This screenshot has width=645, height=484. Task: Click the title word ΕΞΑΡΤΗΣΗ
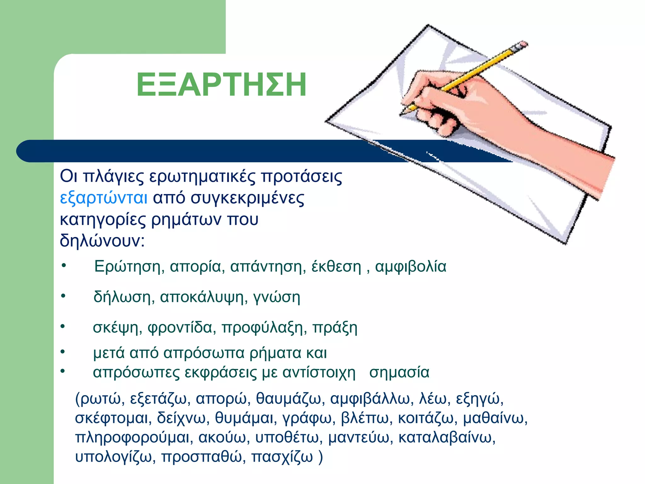[x=221, y=85]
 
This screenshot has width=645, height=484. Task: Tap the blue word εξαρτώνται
[x=104, y=198]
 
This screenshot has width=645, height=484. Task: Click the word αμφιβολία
[x=411, y=267]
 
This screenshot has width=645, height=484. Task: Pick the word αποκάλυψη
[x=202, y=297]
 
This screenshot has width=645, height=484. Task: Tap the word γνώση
[x=277, y=297]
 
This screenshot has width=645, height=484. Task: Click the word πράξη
[x=335, y=328]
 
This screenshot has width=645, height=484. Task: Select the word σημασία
[x=399, y=372]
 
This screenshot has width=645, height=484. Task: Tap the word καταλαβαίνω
[x=447, y=437]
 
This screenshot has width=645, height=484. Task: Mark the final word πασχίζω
[x=282, y=457]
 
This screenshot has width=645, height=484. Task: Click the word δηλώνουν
[x=102, y=241]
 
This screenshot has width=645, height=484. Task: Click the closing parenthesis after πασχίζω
[x=320, y=457]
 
